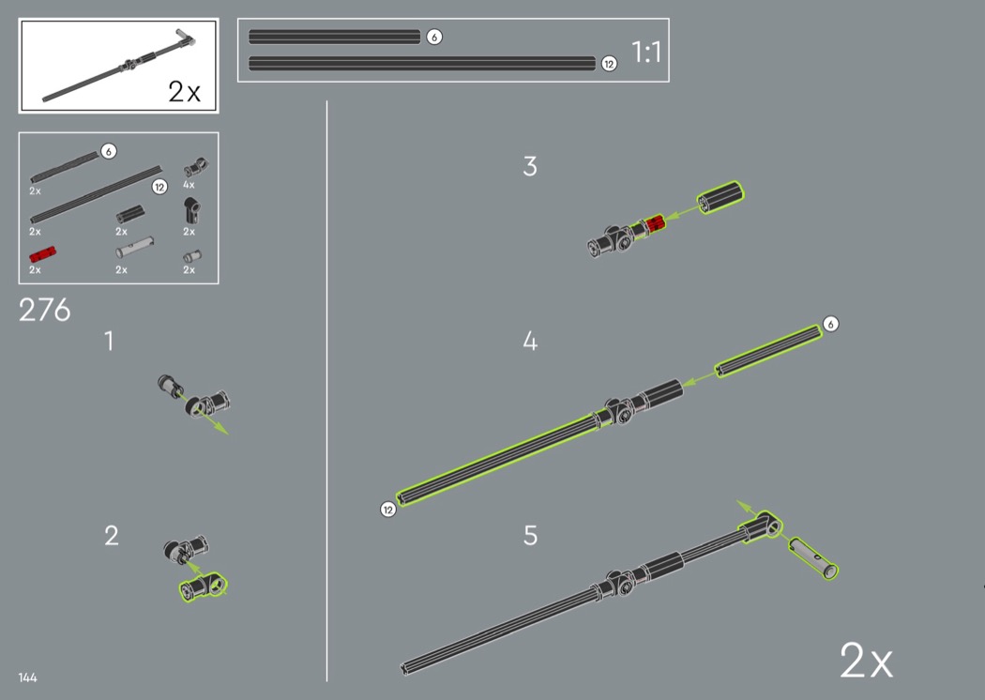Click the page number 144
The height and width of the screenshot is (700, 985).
pyautogui.click(x=27, y=677)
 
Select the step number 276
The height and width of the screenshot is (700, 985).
pyautogui.click(x=45, y=310)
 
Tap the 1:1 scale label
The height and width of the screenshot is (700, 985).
pyautogui.click(x=646, y=53)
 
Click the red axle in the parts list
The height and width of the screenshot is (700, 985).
pyautogui.click(x=43, y=254)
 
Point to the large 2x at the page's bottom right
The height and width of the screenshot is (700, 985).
pyautogui.click(x=866, y=661)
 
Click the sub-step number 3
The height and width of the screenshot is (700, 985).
pyautogui.click(x=530, y=166)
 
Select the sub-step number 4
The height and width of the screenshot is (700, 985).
pyautogui.click(x=530, y=342)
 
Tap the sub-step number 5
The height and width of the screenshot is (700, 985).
pyautogui.click(x=531, y=536)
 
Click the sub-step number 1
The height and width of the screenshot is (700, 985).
pyautogui.click(x=110, y=342)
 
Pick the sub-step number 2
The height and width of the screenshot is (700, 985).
pyautogui.click(x=112, y=536)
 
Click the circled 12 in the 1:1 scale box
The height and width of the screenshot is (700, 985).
pyautogui.click(x=609, y=64)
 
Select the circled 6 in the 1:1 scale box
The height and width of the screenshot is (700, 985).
pyautogui.click(x=434, y=38)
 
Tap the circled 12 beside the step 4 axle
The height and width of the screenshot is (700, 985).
pyautogui.click(x=388, y=510)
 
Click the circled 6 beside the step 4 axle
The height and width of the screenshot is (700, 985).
pyautogui.click(x=830, y=325)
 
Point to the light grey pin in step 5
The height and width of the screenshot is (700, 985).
pyautogui.click(x=813, y=557)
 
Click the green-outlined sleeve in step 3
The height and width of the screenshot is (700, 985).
pyautogui.click(x=720, y=197)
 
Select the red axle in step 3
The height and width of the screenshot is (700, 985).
pyautogui.click(x=655, y=223)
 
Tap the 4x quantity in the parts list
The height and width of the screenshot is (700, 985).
pyautogui.click(x=189, y=185)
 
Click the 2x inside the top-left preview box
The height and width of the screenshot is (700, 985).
pyautogui.click(x=184, y=92)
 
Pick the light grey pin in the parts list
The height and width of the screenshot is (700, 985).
pyautogui.click(x=134, y=247)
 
